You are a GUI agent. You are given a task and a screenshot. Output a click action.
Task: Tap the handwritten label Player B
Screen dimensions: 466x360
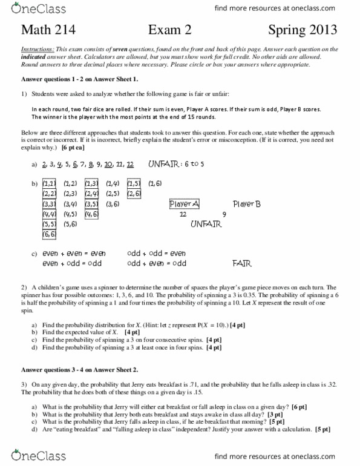tap(247, 204)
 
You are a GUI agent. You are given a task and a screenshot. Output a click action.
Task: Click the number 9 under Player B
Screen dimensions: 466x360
tap(224, 214)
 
